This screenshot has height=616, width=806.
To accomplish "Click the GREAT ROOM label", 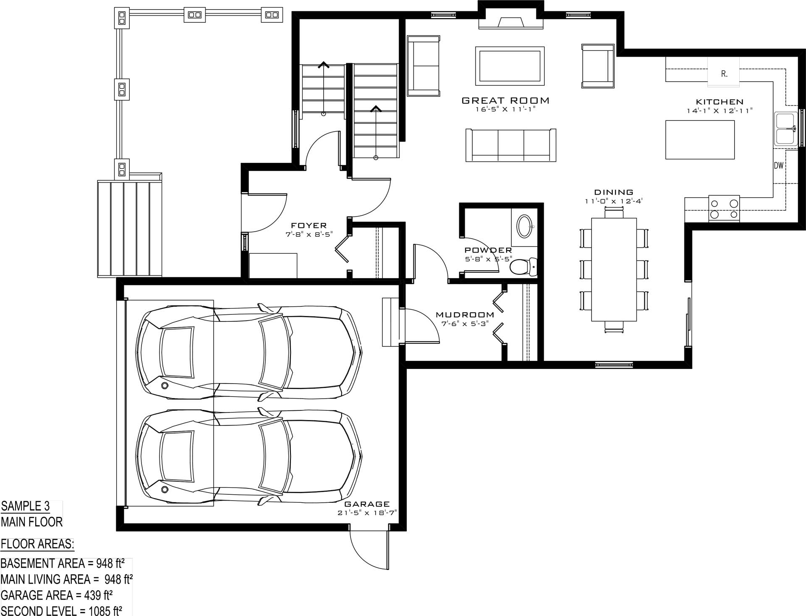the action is pyautogui.click(x=505, y=100).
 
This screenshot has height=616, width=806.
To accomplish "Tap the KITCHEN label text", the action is pyautogui.click(x=720, y=102).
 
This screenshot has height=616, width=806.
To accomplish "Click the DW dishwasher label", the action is pyautogui.click(x=779, y=165).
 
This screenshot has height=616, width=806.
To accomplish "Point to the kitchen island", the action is pyautogui.click(x=700, y=140).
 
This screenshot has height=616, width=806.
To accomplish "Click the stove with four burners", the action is pyautogui.click(x=724, y=209).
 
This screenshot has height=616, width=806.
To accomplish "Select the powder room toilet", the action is pyautogui.click(x=523, y=266).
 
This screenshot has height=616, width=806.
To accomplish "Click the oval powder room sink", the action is pyautogui.click(x=524, y=227).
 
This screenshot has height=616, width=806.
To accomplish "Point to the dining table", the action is pyautogui.click(x=614, y=269).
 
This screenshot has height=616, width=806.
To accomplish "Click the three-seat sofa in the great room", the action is pyautogui.click(x=511, y=145).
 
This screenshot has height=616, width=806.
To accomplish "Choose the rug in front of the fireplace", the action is pyautogui.click(x=510, y=66).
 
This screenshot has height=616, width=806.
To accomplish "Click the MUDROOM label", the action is pyautogui.click(x=465, y=315).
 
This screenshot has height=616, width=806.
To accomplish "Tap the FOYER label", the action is pyautogui.click(x=309, y=226).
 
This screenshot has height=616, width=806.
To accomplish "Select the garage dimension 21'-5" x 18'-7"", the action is pyautogui.click(x=367, y=513).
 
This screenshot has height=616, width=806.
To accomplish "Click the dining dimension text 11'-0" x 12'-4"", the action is pyautogui.click(x=614, y=201).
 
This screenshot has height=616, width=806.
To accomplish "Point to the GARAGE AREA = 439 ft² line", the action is pyautogui.click(x=57, y=595).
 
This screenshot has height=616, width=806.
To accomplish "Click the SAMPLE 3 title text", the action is pyautogui.click(x=25, y=506).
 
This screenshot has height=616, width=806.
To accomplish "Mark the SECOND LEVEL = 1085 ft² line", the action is pyautogui.click(x=61, y=611).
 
